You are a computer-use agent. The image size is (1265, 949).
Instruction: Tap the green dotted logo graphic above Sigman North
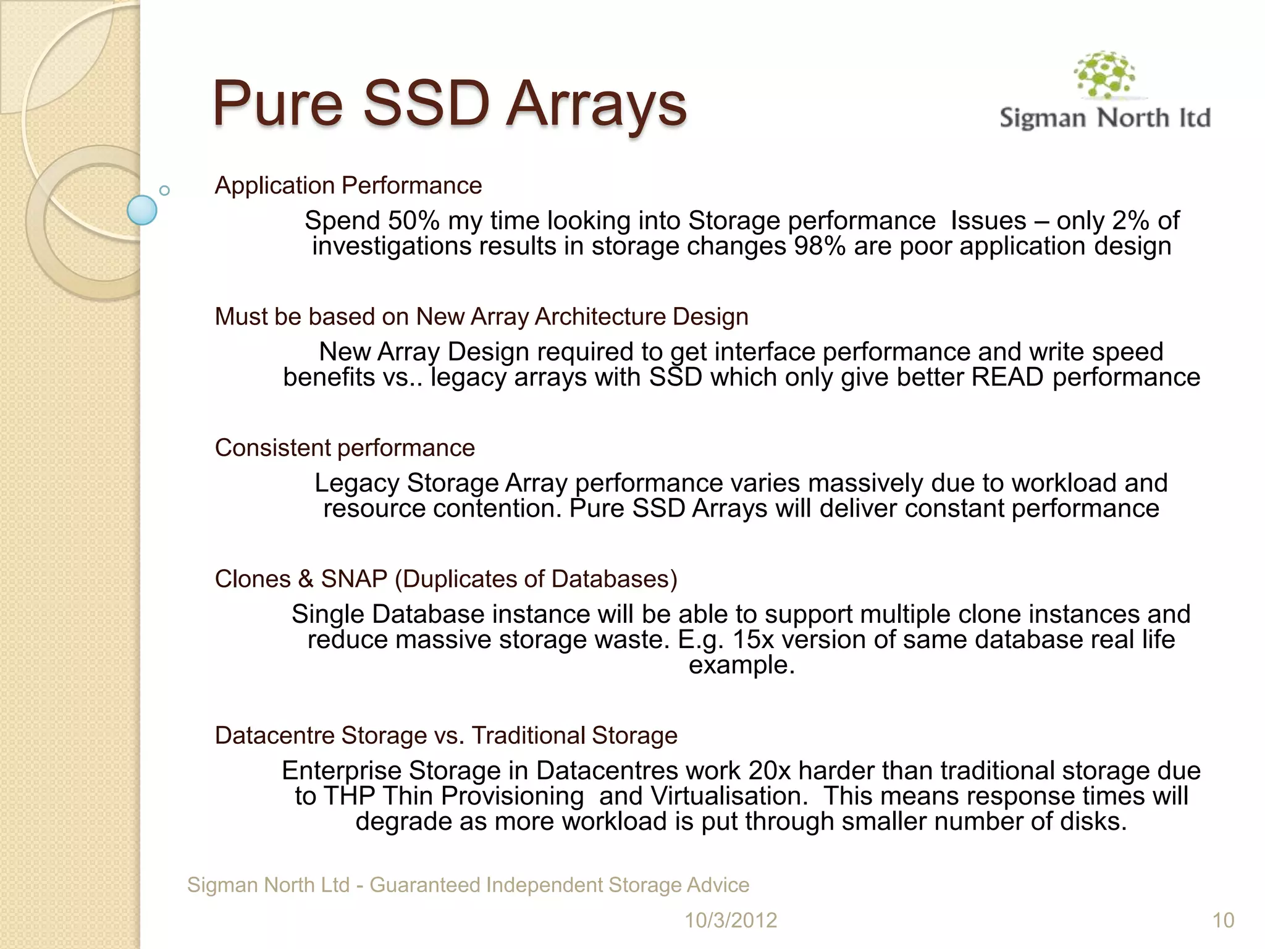(x=1105, y=75)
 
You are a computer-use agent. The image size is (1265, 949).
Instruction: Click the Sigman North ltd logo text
(x=1104, y=117)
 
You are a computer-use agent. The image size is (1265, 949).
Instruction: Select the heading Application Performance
(x=348, y=185)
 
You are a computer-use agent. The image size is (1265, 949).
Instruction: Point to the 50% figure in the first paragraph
(x=413, y=221)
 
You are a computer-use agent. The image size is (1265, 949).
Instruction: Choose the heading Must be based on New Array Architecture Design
(x=481, y=316)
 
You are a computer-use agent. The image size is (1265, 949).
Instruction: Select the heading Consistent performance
(x=345, y=448)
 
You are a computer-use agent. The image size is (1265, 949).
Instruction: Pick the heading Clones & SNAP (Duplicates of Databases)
(x=445, y=579)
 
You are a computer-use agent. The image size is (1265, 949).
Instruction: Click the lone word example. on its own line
(x=741, y=665)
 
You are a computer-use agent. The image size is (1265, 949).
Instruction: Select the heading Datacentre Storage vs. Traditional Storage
(x=445, y=735)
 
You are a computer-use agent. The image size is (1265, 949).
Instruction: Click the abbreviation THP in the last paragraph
(x=348, y=796)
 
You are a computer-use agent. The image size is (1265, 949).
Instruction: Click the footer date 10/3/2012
(x=731, y=920)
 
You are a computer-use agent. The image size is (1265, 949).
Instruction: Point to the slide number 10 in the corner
(x=1223, y=920)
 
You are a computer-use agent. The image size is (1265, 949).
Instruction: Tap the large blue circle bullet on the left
(x=142, y=210)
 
